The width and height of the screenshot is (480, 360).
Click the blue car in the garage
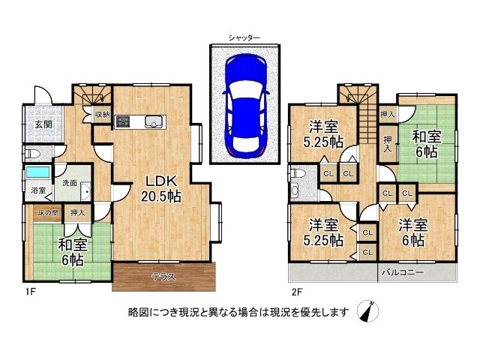coord(246,106)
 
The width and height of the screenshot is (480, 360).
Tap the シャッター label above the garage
coord(244,37)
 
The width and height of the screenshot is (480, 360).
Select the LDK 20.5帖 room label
coord(161,189)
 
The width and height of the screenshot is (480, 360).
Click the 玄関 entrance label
coord(43,124)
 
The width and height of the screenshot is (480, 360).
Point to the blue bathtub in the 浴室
coord(38,172)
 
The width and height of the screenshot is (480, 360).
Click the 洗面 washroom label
coord(70,183)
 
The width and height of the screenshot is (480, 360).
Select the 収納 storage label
coord(102,115)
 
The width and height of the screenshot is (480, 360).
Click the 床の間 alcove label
coord(48,212)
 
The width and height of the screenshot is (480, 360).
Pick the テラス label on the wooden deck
coord(164,277)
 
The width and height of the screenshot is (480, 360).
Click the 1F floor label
coord(31,292)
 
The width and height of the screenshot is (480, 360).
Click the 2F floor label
coord(297,292)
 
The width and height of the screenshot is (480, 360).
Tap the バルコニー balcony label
coord(403,272)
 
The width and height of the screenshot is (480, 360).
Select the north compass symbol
coord(368,311)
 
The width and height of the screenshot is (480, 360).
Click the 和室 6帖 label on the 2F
coord(427,144)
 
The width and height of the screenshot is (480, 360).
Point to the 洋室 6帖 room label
coord(412,232)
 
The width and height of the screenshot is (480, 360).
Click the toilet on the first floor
coord(31,153)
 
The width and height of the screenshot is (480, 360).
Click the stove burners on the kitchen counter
coord(123,121)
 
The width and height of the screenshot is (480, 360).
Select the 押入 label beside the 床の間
coord(77,212)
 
